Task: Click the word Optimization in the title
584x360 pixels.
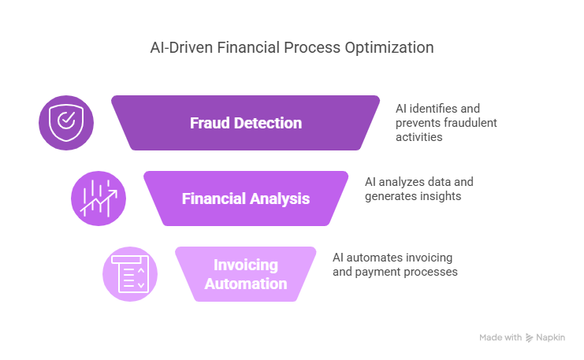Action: [x=389, y=48]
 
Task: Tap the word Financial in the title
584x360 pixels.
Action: [x=248, y=47]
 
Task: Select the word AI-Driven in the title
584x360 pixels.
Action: [x=181, y=47]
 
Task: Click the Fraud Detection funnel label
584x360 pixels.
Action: [x=246, y=123]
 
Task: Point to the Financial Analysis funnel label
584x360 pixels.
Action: [x=246, y=199]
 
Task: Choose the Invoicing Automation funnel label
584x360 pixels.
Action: [x=246, y=274]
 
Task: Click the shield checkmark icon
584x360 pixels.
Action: [x=66, y=123]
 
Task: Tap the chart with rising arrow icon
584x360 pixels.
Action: [x=99, y=199]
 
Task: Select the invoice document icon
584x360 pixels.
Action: [x=130, y=274]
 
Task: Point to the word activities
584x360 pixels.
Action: [x=419, y=137]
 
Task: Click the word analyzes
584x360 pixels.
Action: [x=400, y=182]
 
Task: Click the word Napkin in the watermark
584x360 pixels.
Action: [x=550, y=338]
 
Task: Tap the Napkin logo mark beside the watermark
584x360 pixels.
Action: [x=529, y=338]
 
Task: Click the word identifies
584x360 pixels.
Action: [x=433, y=109]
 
